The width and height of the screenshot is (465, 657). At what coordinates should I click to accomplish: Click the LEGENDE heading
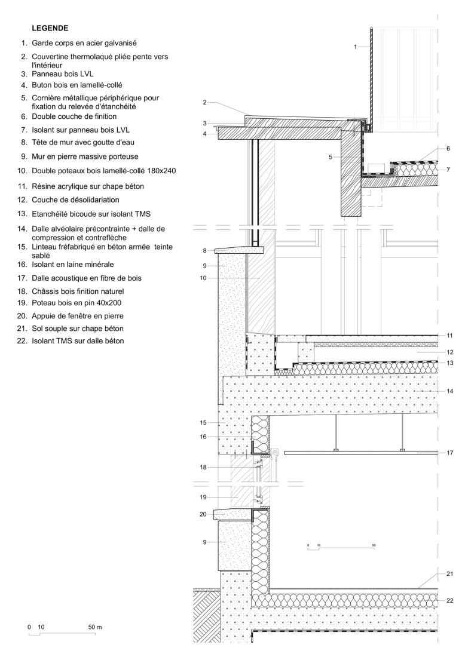50,28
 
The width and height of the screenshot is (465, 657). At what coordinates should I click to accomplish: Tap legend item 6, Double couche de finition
74,116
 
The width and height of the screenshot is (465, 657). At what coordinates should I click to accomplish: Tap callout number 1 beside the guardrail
355,46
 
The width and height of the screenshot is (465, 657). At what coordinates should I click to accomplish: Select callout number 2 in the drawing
204,103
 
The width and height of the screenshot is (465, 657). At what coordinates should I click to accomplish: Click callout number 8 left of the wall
204,250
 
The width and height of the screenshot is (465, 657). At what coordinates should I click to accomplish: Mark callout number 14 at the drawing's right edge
449,391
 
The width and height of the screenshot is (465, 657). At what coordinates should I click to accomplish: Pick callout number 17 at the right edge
449,453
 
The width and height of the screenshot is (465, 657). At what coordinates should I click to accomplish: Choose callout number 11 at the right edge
449,335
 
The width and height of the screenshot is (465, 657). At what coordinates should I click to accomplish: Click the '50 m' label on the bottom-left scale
94,628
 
